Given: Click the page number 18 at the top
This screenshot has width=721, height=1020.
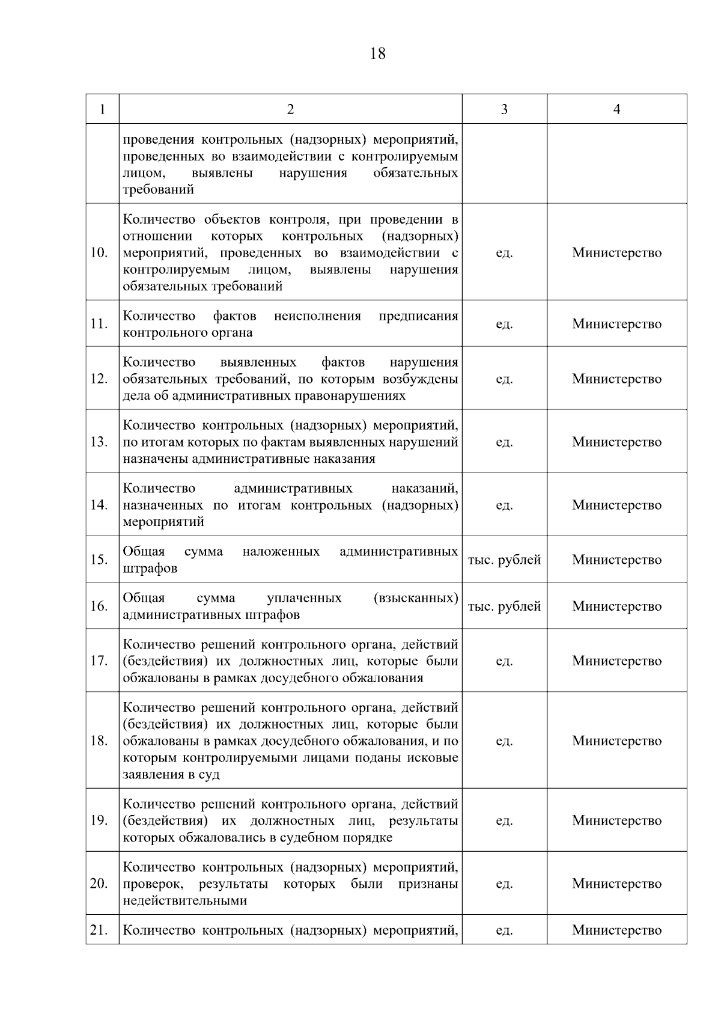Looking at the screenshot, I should [378, 54].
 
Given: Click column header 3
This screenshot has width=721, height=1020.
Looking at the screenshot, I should [504, 109].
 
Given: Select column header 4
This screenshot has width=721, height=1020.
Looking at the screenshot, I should [616, 109].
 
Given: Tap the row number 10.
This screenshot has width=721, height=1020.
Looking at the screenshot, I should [99, 252].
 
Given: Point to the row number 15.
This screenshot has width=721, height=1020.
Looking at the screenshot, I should [99, 560].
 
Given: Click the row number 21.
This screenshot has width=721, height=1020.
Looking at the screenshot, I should [99, 930].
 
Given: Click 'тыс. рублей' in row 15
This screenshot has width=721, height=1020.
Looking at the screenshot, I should [504, 560].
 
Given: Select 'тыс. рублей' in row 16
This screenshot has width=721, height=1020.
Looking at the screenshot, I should [504, 606].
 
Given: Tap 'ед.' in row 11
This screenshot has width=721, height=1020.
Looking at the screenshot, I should [504, 324].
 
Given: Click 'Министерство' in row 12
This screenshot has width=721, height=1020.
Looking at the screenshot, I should [616, 379].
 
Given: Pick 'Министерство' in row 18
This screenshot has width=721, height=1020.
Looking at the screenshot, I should [616, 741].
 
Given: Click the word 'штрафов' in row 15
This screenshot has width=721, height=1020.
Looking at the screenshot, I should [150, 568].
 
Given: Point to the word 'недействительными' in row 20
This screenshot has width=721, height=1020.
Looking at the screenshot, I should [185, 900].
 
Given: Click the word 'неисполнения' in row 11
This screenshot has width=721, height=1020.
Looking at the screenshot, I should [317, 316].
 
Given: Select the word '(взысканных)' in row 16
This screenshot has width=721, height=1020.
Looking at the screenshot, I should [416, 598].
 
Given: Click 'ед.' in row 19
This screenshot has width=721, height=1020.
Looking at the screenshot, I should [504, 820].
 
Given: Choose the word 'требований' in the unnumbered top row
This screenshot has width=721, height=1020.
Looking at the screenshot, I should [159, 189].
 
